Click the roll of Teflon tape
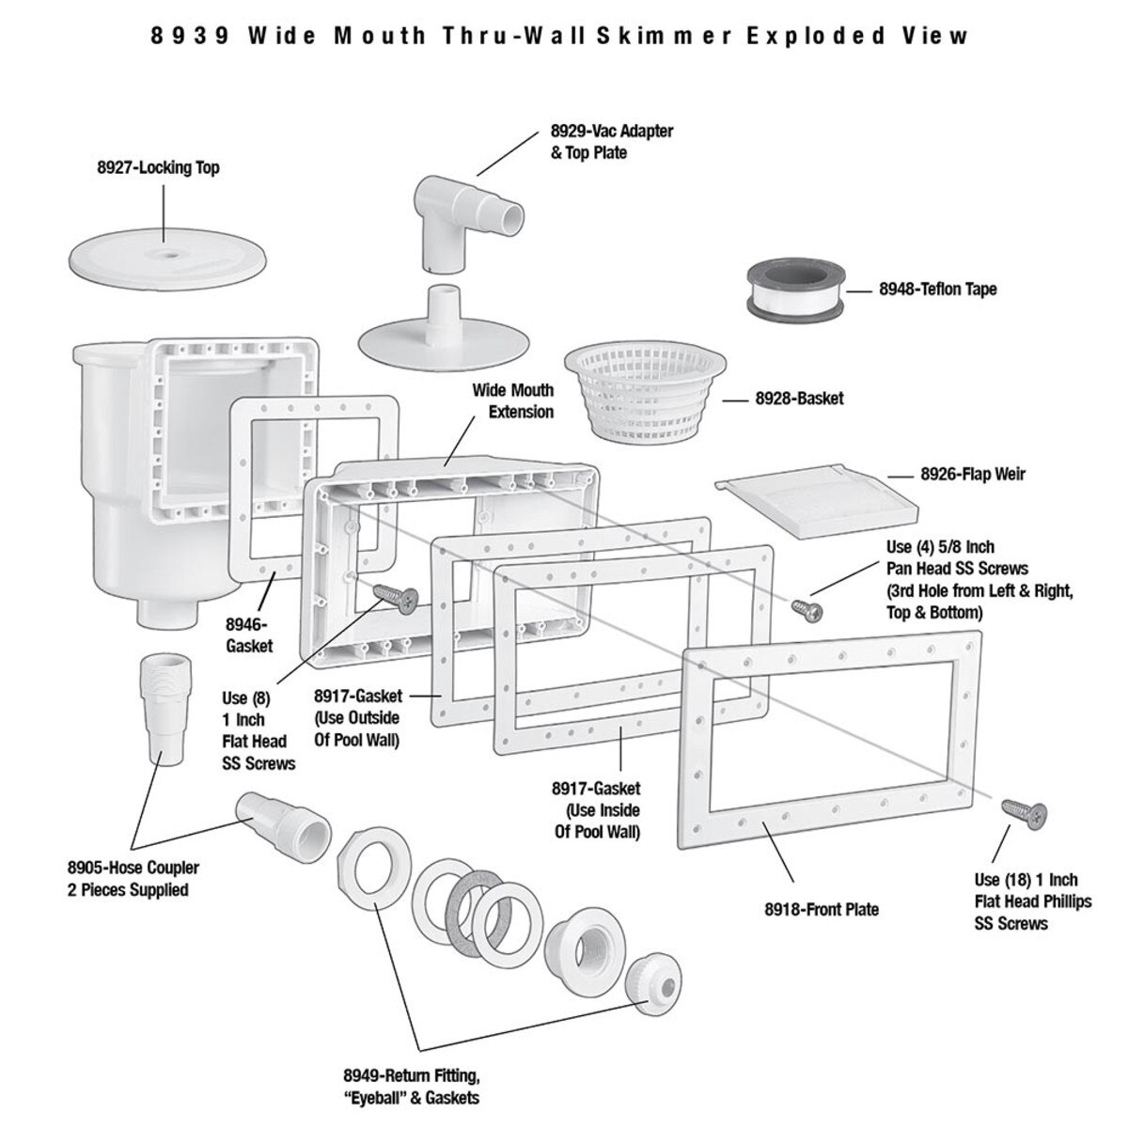tap(792, 292)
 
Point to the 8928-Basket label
tap(799, 398)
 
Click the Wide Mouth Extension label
tap(512, 400)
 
